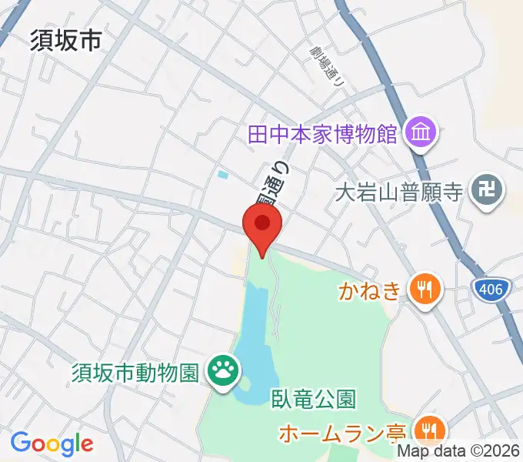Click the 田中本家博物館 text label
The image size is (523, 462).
point(322,135)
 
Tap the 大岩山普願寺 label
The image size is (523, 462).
point(399,191)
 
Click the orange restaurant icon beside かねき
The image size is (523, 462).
point(424,290)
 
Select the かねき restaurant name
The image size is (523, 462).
point(370,291)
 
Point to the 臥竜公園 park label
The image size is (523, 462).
point(313,400)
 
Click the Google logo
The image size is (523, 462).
point(52,444)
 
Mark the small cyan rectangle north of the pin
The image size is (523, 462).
point(223,175)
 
